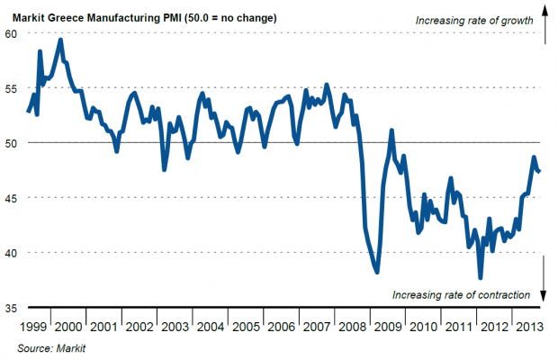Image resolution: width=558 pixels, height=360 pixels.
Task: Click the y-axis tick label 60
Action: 11,33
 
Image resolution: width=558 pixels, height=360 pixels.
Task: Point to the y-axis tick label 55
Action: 11,88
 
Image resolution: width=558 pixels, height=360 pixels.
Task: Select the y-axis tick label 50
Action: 11,143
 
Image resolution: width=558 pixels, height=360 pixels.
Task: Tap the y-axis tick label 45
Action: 11,198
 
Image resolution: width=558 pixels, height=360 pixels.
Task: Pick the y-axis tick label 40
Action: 11,253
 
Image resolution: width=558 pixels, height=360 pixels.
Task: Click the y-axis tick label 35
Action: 11,308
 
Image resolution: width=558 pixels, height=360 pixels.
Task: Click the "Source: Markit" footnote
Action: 54,346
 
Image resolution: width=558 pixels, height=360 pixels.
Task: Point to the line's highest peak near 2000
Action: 60,40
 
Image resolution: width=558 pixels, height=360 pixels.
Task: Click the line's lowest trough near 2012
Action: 480,277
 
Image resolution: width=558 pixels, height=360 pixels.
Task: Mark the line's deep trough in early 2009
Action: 377,272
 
